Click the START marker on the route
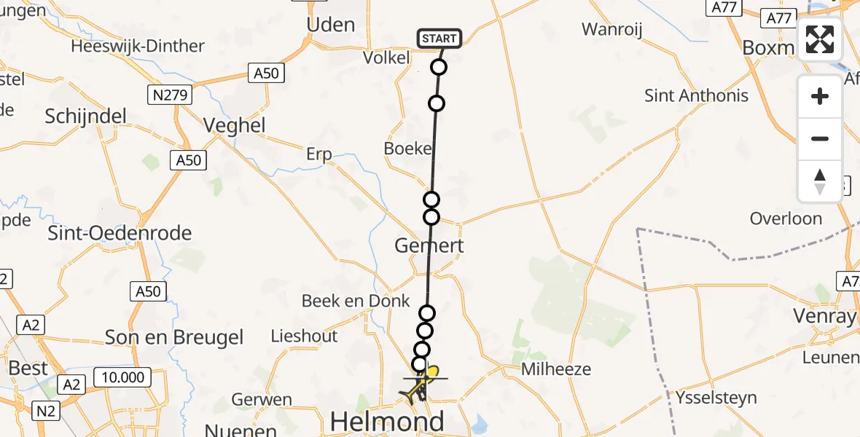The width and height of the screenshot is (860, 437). pos(439,38)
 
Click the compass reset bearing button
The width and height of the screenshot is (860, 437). pos(820,181)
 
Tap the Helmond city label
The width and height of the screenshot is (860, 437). pos(387,421)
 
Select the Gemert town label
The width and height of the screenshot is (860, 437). pos(429,245)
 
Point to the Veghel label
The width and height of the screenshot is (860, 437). pos(234,125)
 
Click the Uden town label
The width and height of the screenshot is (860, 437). pos(331,25)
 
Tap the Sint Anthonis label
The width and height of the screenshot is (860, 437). pos(696,95)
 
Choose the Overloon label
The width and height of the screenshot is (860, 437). pos(786,219)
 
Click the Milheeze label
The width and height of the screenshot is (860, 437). pos(556,369)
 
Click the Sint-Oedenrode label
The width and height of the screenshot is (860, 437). pos(120,233)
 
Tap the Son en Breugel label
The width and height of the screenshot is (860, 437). pos(174,337)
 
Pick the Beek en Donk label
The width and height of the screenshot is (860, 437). pos(356,301)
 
